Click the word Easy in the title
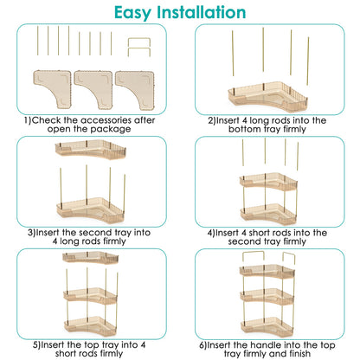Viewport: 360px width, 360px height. click(132, 13)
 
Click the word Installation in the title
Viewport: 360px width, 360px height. click(202, 12)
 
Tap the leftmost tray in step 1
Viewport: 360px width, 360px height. click(53, 88)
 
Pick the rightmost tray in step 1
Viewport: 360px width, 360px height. click(135, 90)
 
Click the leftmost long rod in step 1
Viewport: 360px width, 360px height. click(37, 41)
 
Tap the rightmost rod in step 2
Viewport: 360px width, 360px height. click(308, 61)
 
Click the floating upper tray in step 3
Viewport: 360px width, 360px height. click(91, 150)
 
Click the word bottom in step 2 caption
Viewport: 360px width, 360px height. click(244, 129)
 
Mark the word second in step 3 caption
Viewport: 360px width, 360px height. click(95, 233)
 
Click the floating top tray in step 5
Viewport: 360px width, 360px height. click(91, 257)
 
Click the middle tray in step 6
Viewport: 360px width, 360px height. click(267, 296)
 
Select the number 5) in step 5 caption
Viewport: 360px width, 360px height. click(36, 345)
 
